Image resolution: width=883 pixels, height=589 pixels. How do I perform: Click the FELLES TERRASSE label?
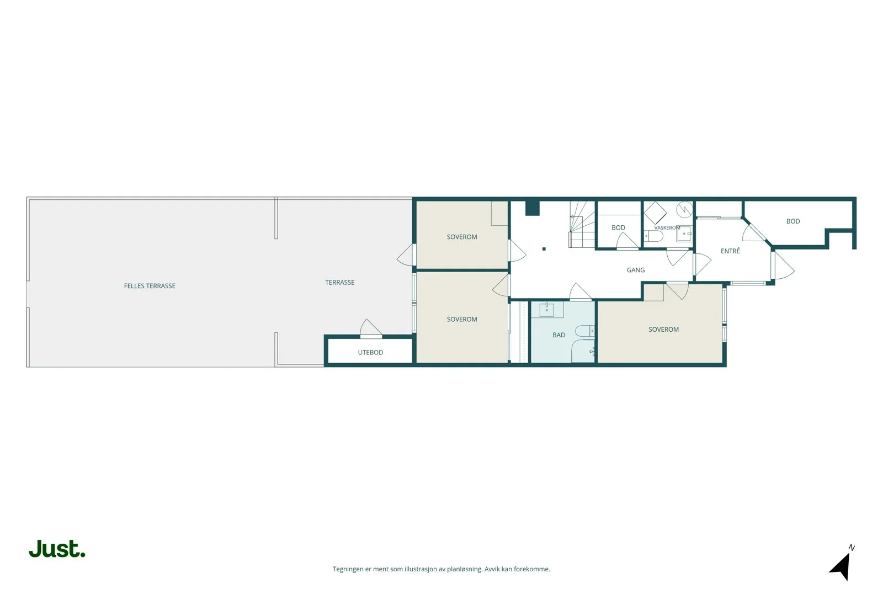coord(150,286)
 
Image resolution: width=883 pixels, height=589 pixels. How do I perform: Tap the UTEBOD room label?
coord(370,352)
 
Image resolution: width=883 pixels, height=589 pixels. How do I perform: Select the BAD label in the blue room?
coord(558,335)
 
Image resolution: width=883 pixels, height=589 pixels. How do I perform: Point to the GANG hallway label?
coord(635,270)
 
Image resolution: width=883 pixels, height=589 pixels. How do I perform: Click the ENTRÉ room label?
coord(730,251)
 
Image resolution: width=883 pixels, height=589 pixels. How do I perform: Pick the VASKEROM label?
coord(667,228)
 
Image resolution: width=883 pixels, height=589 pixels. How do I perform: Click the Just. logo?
coord(57,549)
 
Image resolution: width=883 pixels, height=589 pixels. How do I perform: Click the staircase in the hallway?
coord(582,224)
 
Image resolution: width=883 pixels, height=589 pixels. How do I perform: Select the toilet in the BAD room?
coord(585,331)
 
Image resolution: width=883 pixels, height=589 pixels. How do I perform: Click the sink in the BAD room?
coord(547,310)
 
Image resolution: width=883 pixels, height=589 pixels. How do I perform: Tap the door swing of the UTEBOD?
coord(370,328)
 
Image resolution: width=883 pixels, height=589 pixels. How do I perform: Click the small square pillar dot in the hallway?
coord(544,249)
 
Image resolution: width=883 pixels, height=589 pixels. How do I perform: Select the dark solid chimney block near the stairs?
coord(532,209)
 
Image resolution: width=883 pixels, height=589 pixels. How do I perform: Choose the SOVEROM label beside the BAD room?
coord(663,330)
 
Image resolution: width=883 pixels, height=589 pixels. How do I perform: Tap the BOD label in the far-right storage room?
coord(793,221)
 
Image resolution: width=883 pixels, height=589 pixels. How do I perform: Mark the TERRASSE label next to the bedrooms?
coord(339,282)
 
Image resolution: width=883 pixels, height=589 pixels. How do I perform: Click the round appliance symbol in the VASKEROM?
coord(685,209)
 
